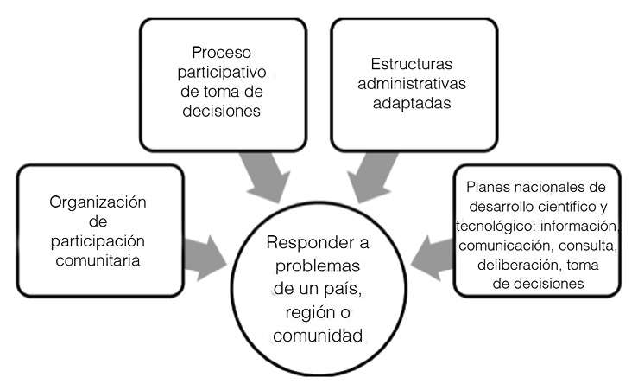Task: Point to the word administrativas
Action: click(414, 84)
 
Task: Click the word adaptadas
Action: click(414, 104)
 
